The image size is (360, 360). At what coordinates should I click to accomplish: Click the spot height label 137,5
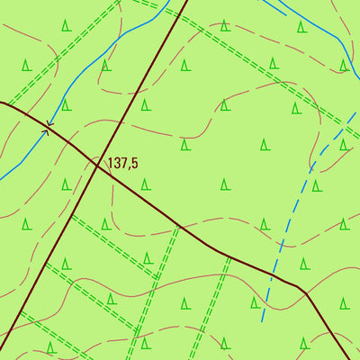(122, 164)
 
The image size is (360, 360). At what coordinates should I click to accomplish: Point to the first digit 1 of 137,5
(110, 164)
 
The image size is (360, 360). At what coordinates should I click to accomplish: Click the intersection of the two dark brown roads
(97, 164)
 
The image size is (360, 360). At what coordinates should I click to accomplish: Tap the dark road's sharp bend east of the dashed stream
(306, 292)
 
